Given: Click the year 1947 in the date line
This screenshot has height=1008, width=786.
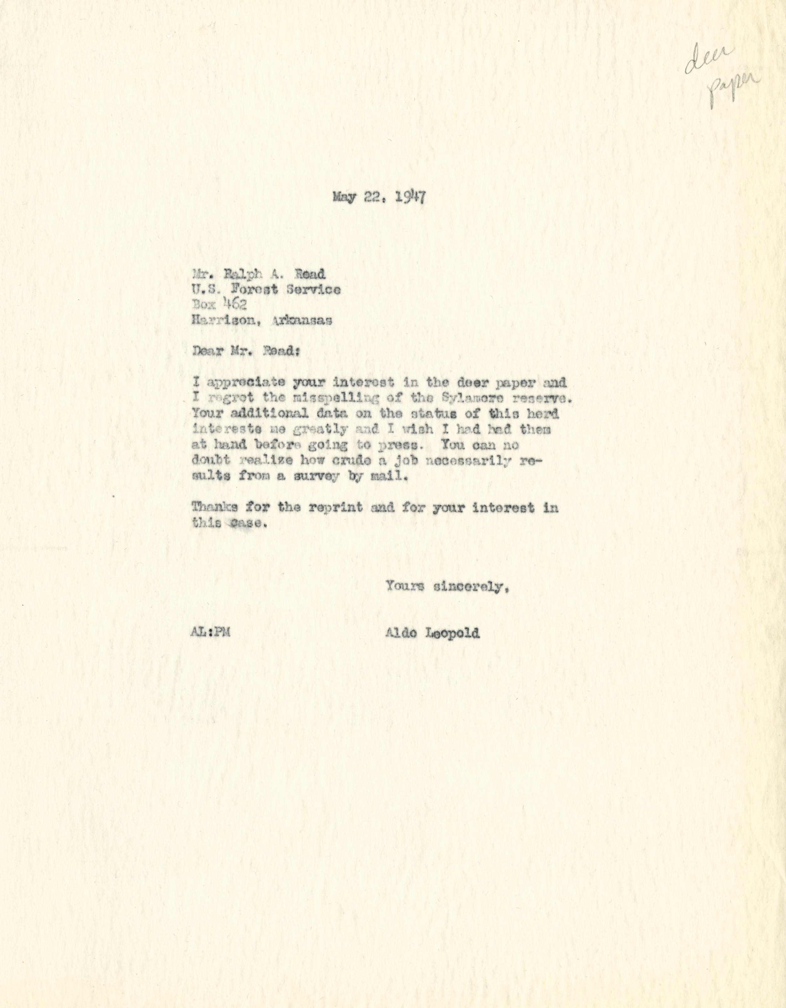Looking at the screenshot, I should [410, 198].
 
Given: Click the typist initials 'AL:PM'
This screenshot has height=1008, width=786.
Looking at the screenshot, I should [210, 633].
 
